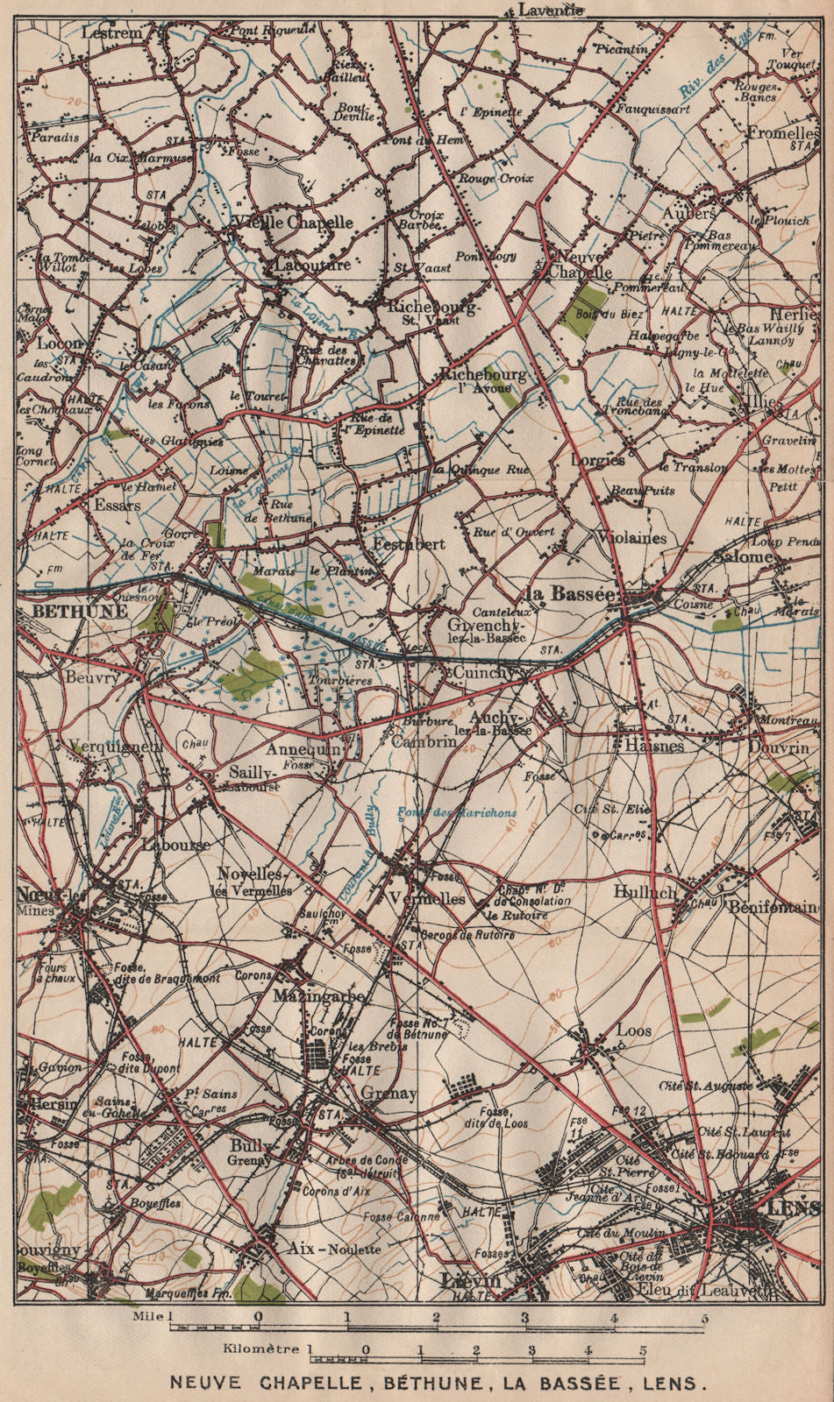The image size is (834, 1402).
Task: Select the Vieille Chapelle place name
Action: pyautogui.click(x=290, y=223)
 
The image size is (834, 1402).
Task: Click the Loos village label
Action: pyautogui.click(x=634, y=1031)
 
